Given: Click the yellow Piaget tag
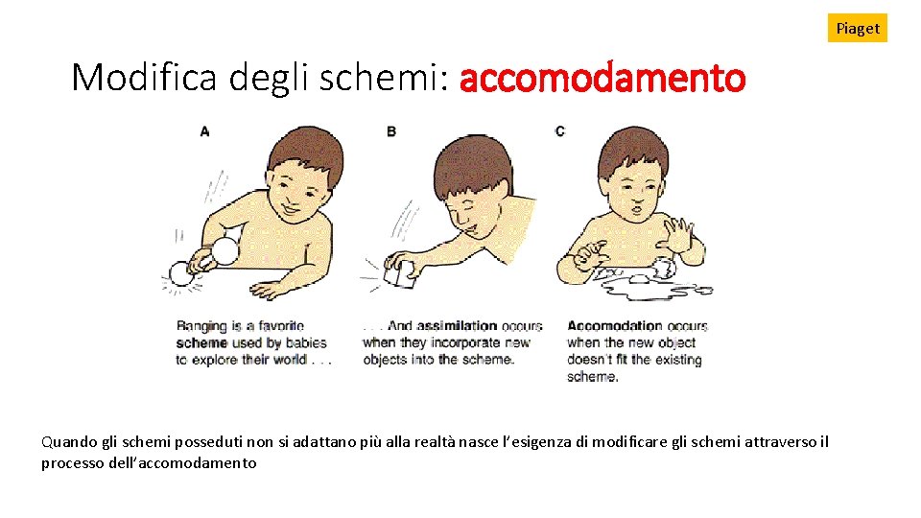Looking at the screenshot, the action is [x=857, y=28].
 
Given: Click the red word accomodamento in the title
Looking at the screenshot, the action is [x=602, y=78].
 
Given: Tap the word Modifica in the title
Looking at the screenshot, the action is [x=144, y=77].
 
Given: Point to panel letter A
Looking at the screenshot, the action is [x=204, y=131].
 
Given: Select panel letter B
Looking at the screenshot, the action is [x=391, y=131].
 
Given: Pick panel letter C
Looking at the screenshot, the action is [x=559, y=131].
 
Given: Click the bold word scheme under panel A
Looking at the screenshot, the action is [x=201, y=343].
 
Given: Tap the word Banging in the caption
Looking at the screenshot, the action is [x=201, y=326].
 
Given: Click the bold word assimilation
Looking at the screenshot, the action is [x=457, y=326].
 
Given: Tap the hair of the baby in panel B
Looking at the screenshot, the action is [x=473, y=164].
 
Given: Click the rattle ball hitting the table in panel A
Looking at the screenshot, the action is [x=181, y=274].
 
